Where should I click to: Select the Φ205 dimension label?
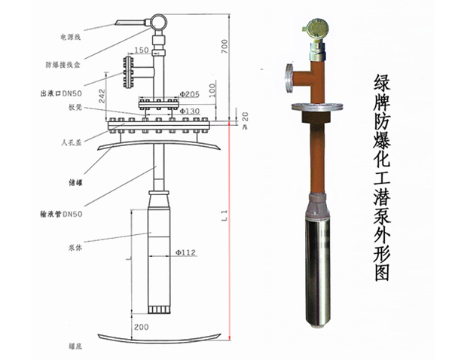[189, 95]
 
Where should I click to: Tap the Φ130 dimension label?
[188, 111]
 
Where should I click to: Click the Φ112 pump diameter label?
[185, 253]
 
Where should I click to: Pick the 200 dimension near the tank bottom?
[141, 328]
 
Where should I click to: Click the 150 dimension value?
[142, 51]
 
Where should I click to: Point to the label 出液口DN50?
[63, 94]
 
